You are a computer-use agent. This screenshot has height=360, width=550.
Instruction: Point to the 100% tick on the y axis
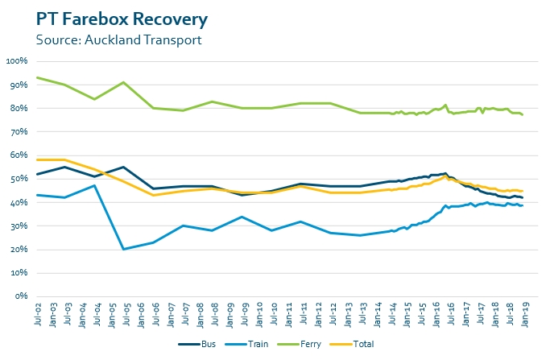(17, 61)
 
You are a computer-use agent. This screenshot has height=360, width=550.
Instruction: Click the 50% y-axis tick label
(19, 179)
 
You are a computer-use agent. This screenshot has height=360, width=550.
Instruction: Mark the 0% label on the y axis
(22, 296)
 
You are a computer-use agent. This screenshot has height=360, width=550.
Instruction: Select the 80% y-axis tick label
(19, 108)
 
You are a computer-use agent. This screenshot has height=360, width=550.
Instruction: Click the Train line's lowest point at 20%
(124, 249)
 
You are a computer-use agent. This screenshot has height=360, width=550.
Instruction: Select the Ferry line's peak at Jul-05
(124, 82)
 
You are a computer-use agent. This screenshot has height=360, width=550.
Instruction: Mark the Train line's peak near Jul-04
(95, 185)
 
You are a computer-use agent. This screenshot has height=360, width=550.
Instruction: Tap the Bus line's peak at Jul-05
(124, 167)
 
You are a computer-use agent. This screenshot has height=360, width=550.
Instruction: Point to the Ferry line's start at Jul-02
(36, 77)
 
